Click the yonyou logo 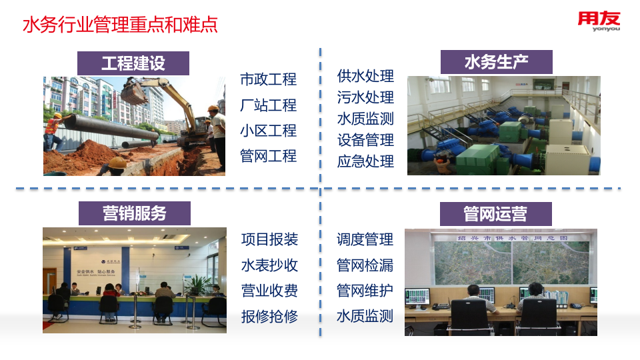598,24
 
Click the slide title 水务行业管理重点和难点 120,25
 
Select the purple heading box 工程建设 133,63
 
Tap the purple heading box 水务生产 496,62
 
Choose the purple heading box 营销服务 134,213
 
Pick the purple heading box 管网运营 495,213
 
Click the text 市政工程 268,79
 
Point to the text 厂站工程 268,105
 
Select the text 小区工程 268,131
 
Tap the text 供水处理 365,76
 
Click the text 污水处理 365,97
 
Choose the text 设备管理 365,140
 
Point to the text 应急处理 365,161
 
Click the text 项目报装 269,239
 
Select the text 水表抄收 269,265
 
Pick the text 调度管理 365,239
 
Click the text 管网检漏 365,265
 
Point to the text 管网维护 365,291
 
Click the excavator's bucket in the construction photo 133,91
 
